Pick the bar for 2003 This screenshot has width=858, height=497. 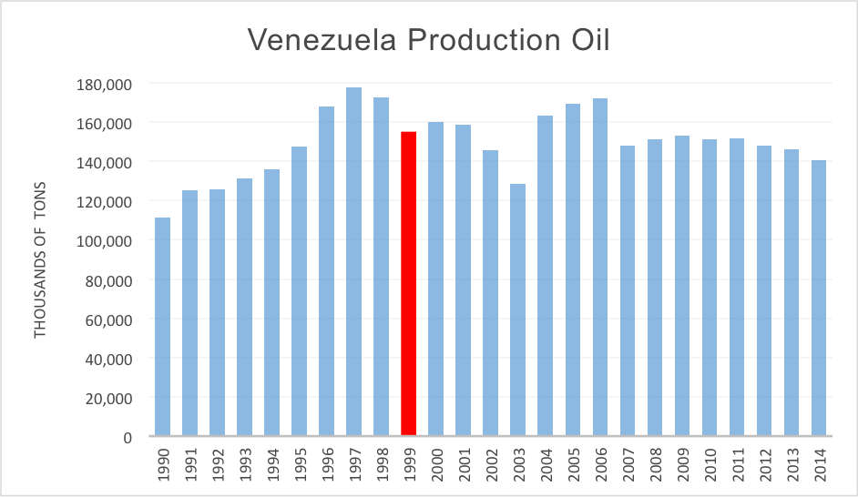(518, 310)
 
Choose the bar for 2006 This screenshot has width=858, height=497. (600, 268)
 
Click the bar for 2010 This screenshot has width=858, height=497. (710, 288)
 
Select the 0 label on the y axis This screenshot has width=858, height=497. (128, 438)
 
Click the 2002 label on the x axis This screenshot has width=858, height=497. (491, 465)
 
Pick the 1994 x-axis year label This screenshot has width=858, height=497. (272, 465)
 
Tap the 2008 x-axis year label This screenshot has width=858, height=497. (655, 465)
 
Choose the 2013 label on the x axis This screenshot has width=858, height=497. (792, 465)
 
